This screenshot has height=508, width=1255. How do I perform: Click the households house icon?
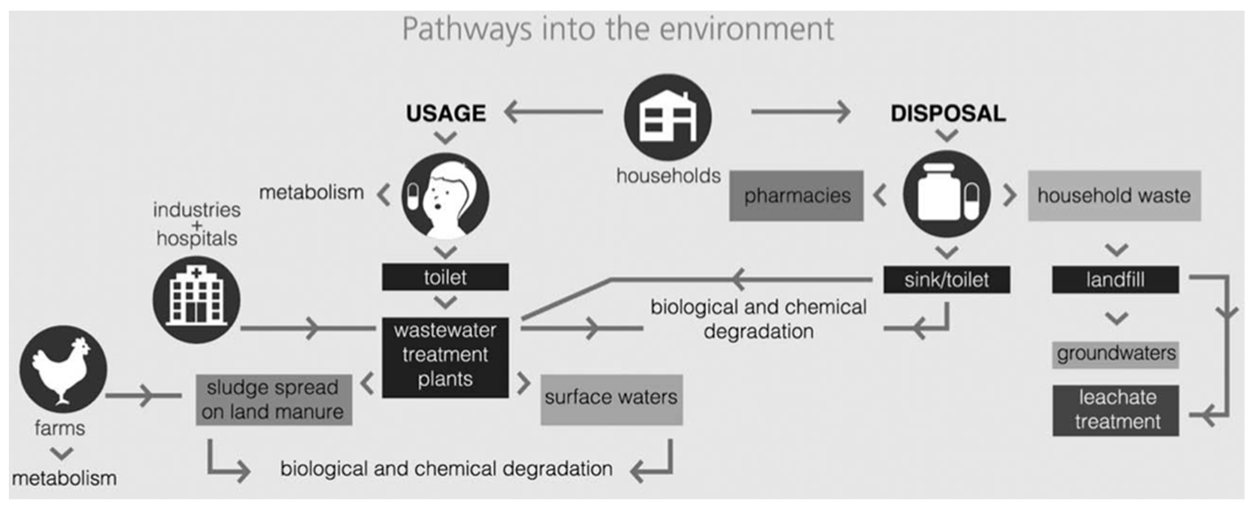tap(668, 117)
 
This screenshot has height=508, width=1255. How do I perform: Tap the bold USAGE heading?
tap(446, 113)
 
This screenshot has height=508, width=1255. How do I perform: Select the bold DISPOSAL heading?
tap(948, 113)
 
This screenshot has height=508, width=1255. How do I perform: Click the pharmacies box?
tap(796, 195)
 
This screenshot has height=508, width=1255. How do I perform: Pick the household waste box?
tap(1114, 195)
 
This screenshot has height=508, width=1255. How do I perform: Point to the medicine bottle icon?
tap(946, 194)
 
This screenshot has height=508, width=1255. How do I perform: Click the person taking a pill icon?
tap(445, 196)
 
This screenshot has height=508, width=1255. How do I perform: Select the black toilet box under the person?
tap(445, 277)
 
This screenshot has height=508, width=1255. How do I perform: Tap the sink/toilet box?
tap(946, 280)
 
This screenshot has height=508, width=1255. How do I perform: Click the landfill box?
tap(1115, 280)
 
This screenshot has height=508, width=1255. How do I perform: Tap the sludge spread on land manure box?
tap(274, 399)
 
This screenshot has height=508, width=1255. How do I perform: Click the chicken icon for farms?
tap(63, 369)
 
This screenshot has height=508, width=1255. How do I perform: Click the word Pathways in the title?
tap(466, 29)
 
